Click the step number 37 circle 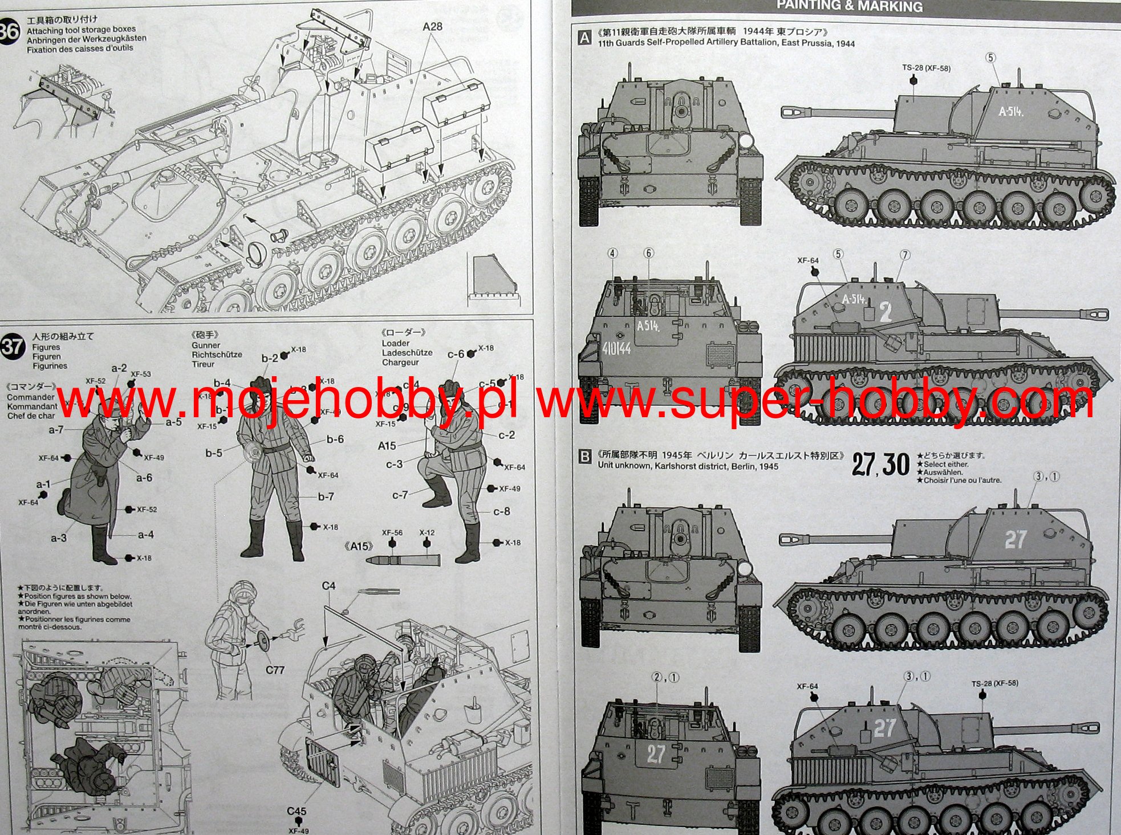click(x=13, y=346)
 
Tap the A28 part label click(x=432, y=26)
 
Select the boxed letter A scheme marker click(x=584, y=38)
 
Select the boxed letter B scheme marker click(x=584, y=457)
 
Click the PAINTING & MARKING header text click(x=850, y=6)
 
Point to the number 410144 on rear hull click(x=616, y=348)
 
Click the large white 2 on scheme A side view click(x=885, y=312)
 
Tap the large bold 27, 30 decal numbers click(x=881, y=465)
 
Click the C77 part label click(x=275, y=670)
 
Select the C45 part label click(x=297, y=811)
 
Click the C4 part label click(x=328, y=586)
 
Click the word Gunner click(x=206, y=345)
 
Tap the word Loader click(x=396, y=343)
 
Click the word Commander click(x=31, y=397)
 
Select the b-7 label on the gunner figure click(x=326, y=496)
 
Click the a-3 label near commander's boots click(x=59, y=537)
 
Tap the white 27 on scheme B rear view click(x=656, y=754)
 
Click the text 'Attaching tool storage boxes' click(x=81, y=30)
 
